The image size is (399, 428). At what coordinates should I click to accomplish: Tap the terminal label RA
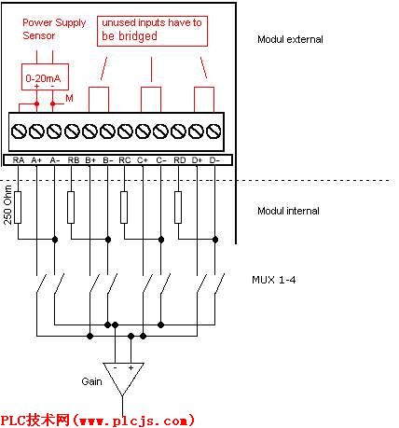(19, 160)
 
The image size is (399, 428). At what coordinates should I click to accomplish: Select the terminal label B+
(90, 160)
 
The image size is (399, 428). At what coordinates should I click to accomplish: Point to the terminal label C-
(161, 160)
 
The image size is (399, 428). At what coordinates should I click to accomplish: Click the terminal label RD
(180, 160)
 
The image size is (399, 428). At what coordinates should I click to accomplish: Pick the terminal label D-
(214, 160)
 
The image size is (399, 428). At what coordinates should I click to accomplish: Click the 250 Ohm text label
(7, 205)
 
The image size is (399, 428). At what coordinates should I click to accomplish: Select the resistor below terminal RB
(71, 207)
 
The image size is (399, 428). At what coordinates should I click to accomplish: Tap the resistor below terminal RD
(178, 207)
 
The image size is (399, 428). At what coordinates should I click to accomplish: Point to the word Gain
(91, 381)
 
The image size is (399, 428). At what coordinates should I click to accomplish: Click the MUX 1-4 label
(274, 280)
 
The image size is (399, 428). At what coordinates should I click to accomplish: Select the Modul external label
(290, 39)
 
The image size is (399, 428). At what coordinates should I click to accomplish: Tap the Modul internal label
(288, 211)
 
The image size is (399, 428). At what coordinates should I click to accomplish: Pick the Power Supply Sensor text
(54, 29)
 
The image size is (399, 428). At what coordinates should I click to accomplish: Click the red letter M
(69, 99)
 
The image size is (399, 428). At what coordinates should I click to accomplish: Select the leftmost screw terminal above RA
(19, 131)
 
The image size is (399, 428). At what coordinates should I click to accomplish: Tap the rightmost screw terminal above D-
(213, 131)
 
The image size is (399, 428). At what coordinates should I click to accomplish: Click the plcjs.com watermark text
(98, 421)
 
